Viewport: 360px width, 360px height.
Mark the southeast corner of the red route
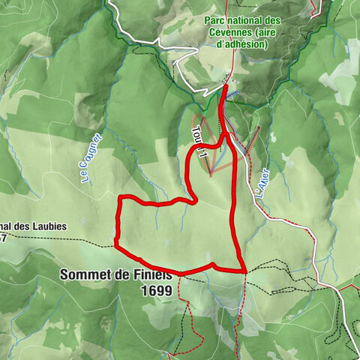tap(246, 271)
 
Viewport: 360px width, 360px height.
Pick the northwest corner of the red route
tap(121, 197)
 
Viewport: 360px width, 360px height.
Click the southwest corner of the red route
tap(115, 244)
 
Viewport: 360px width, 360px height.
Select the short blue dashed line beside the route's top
tap(234, 94)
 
